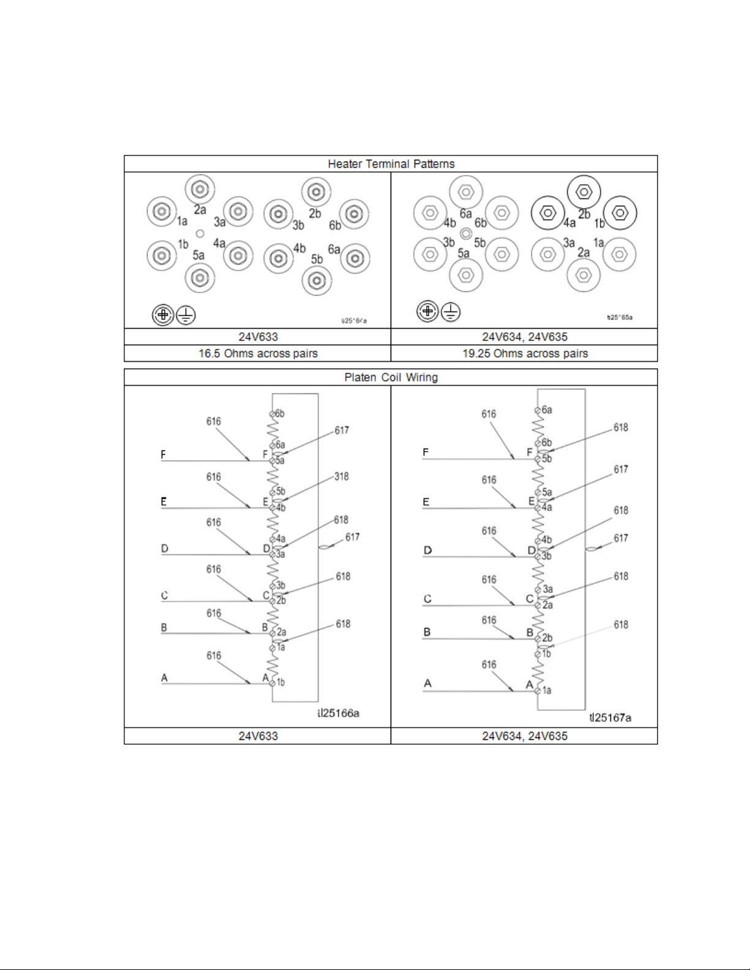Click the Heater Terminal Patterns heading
[x=391, y=164]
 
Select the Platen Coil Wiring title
[x=391, y=378]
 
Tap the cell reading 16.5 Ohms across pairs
[x=258, y=354]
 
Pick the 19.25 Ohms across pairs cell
[x=525, y=354]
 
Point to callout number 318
[x=341, y=476]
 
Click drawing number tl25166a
[x=338, y=713]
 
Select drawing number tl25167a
[x=610, y=717]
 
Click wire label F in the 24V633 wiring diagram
[x=163, y=455]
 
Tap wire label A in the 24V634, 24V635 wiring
[x=427, y=683]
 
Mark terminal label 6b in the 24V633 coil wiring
[x=279, y=414]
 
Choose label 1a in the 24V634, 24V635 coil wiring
[x=547, y=690]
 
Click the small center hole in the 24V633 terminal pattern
[x=200, y=234]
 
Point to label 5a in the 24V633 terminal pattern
[x=198, y=255]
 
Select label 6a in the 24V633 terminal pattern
[x=334, y=250]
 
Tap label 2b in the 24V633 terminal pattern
[x=315, y=214]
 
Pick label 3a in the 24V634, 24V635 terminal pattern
[x=569, y=243]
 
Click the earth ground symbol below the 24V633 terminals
[x=186, y=316]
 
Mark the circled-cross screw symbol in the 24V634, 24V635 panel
[x=427, y=312]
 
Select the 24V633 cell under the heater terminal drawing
[x=258, y=337]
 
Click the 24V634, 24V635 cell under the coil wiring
[x=525, y=736]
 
